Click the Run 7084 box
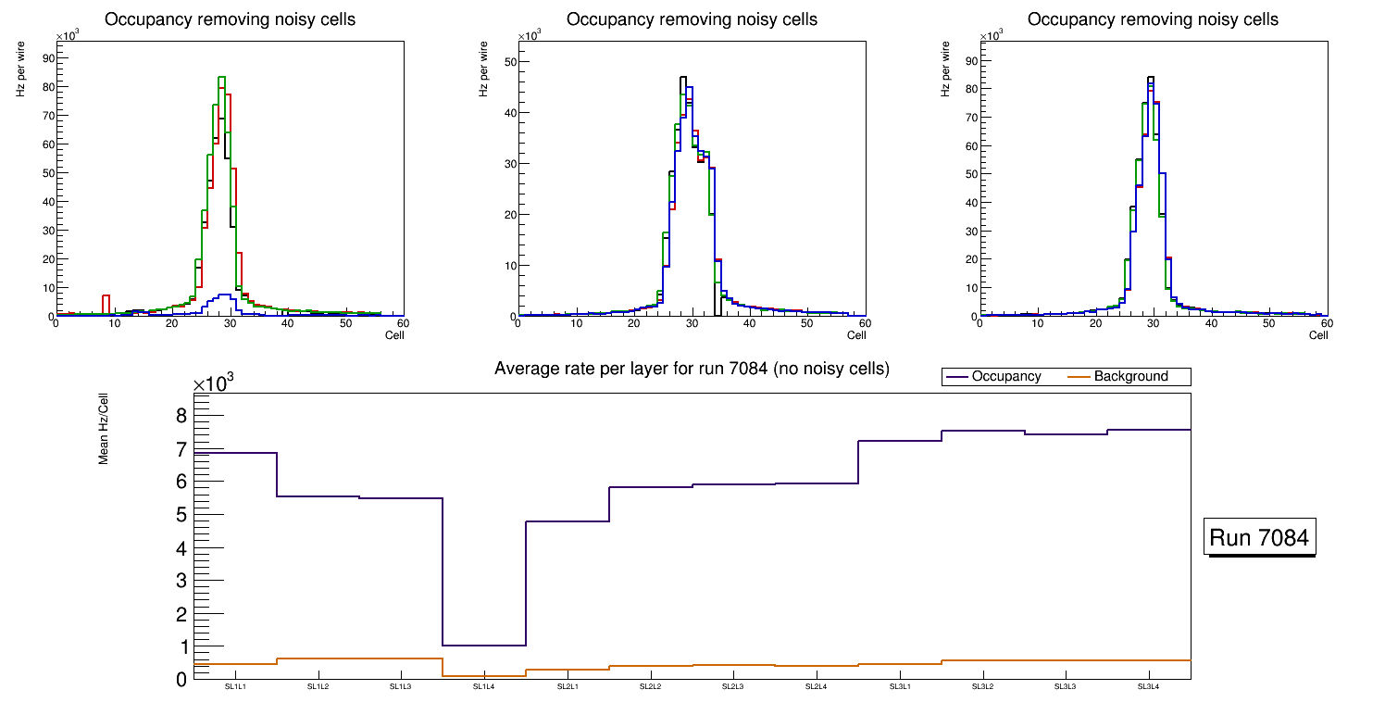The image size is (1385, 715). [1261, 538]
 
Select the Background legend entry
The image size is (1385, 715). [1130, 377]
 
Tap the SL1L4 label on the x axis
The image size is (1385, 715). [484, 687]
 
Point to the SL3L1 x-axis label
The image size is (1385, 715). [900, 687]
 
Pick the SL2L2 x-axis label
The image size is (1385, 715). [650, 687]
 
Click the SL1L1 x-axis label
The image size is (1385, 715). [235, 687]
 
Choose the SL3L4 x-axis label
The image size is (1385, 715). [1149, 687]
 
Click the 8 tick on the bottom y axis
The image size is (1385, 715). [181, 415]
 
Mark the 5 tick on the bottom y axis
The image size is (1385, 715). [181, 514]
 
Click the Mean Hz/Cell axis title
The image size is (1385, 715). [104, 427]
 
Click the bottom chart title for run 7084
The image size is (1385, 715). [692, 369]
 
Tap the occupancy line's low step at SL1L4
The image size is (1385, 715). [484, 646]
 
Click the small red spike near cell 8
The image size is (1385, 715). [106, 297]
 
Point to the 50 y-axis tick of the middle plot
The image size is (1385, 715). [507, 62]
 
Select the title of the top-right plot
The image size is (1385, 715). [1153, 19]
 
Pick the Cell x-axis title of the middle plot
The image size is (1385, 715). [856, 335]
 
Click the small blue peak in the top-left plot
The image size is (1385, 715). [221, 295]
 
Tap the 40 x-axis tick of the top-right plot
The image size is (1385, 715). [1211, 323]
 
